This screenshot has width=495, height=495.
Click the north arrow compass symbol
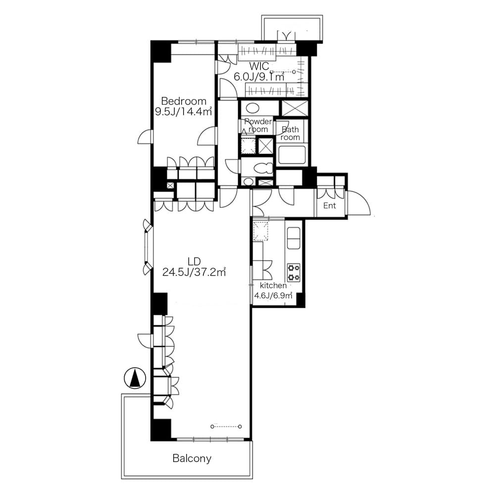[134, 379]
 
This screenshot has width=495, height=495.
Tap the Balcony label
[192, 458]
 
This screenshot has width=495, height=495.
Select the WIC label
[259, 66]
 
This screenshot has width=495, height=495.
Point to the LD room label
[194, 261]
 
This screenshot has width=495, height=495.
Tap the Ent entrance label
[330, 205]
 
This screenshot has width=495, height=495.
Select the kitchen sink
[294, 239]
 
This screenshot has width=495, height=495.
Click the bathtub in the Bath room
[293, 155]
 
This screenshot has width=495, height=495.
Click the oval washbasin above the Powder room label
[253, 108]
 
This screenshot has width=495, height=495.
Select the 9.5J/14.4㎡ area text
[184, 112]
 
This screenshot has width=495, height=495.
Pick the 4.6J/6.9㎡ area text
[273, 296]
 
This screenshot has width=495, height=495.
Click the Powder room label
[258, 125]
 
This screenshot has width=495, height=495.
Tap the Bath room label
[290, 134]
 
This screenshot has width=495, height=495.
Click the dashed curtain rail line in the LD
[226, 426]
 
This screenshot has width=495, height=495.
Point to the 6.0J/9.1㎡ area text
[259, 77]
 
